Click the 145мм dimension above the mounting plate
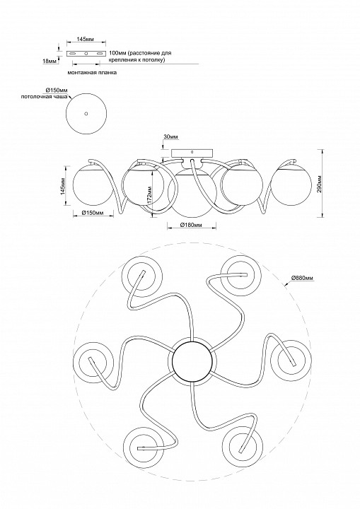[x=85, y=40]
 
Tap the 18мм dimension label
[x=50, y=60]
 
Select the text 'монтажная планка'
[x=92, y=73]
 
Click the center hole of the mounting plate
[x=86, y=54]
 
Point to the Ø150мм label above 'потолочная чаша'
[x=57, y=90]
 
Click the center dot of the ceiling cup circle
[x=86, y=114]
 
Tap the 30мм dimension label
[x=170, y=137]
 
